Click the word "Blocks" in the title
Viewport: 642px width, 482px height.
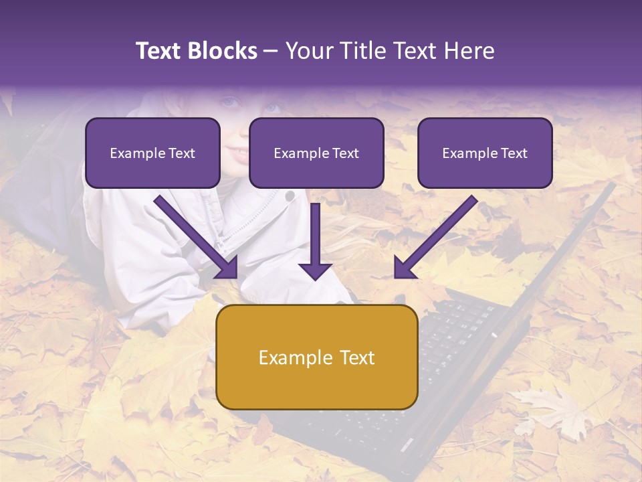coord(222,51)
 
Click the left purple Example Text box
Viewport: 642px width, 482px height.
coord(152,153)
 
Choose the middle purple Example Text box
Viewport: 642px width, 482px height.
coord(316,153)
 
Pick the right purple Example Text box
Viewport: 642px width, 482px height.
coord(485,153)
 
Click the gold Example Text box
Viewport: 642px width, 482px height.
coord(317,357)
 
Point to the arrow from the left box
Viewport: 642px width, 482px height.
coord(197,237)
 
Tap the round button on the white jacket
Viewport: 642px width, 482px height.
coord(290,196)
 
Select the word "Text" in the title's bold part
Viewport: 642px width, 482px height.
coord(160,51)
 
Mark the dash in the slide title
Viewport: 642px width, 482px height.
coord(271,52)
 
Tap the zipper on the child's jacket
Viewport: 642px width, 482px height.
coord(237,231)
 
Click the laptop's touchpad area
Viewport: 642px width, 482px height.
coord(374,428)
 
